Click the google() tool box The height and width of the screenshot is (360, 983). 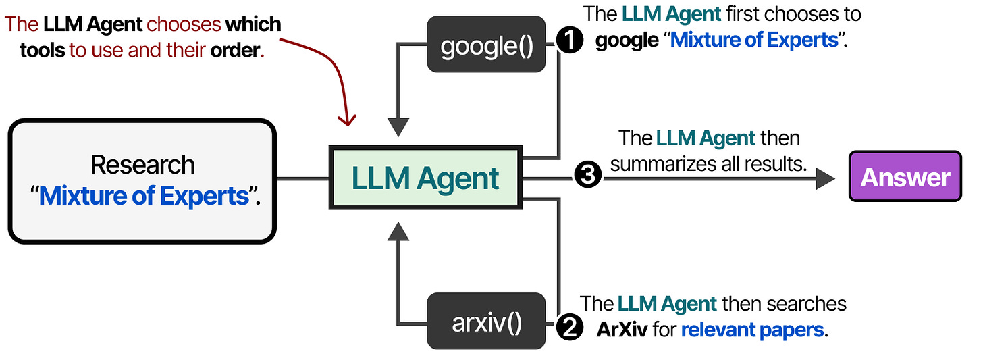(x=486, y=45)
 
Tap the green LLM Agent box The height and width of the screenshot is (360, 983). (x=425, y=178)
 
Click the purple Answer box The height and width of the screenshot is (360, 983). (x=905, y=178)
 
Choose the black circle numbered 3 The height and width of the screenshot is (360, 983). (x=587, y=176)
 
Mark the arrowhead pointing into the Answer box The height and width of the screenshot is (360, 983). (x=826, y=178)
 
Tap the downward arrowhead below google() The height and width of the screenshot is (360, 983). (x=399, y=126)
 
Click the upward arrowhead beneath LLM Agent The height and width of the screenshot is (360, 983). (x=399, y=232)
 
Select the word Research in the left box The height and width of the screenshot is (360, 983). (x=142, y=165)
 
